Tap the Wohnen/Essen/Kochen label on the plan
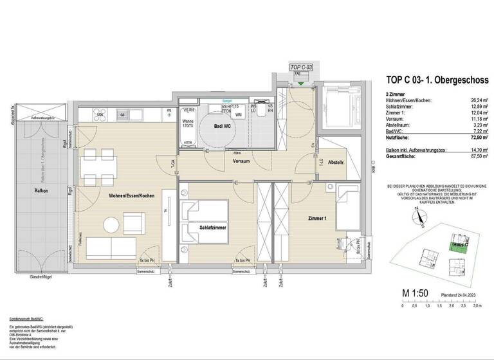pos(131,195)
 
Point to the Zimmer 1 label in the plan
pos(316,219)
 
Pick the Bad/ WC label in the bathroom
pos(221,127)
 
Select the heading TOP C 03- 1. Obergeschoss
pos(437,80)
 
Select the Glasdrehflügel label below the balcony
pos(44,277)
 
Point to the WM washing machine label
pos(238,115)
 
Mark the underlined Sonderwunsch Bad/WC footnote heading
pos(26,319)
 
